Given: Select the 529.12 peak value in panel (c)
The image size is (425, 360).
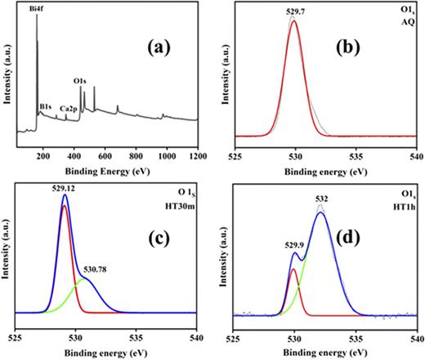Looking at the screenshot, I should (x=65, y=187).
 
